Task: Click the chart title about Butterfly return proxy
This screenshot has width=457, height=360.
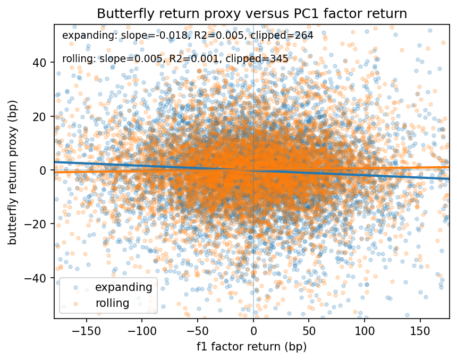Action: click(x=251, y=14)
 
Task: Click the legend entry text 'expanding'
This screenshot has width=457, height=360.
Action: click(x=123, y=287)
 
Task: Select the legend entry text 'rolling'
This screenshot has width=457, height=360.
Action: click(x=112, y=304)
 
